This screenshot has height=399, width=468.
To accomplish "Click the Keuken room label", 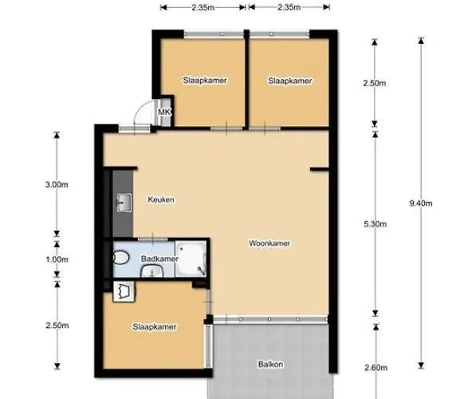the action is (161, 199).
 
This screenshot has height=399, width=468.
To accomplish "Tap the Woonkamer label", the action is (269, 243).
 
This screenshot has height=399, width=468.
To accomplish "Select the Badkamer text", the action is (159, 259).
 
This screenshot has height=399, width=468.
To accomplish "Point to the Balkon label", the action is (270, 365).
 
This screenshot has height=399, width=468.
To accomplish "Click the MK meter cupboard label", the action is (164, 112).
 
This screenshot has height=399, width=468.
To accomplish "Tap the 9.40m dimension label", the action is (420, 203).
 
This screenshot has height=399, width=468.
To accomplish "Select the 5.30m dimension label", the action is (376, 224).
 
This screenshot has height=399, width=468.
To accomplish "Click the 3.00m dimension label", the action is (57, 184).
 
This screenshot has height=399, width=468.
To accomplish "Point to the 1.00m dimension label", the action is (57, 259).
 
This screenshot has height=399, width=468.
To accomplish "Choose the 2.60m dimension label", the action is (376, 367).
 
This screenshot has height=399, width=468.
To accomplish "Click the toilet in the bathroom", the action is (121, 258).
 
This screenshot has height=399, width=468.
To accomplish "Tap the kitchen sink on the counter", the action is (124, 203).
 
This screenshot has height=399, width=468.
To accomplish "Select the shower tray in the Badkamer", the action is (191, 259).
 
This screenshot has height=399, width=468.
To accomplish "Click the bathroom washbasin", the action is (152, 272).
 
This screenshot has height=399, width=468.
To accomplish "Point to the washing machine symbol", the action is (124, 291).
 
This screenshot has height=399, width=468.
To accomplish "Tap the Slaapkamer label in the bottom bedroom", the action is (155, 327).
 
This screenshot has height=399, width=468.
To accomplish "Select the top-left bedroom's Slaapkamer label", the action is (205, 81).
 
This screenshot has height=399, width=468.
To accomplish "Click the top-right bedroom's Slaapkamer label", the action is (290, 81).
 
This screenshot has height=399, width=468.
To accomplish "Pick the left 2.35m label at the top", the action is (203, 7).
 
